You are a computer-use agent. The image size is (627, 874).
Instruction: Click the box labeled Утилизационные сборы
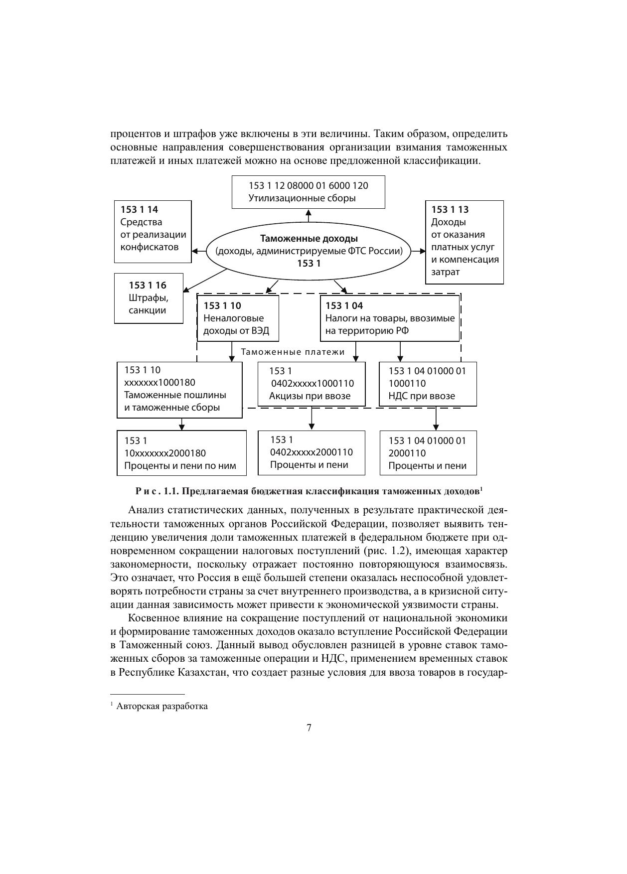pyautogui.click(x=308, y=192)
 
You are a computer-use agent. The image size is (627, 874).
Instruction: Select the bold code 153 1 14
pyautogui.click(x=139, y=210)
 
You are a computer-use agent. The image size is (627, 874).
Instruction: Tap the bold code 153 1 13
pyautogui.click(x=450, y=210)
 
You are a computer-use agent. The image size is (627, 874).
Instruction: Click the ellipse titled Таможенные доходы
pyautogui.click(x=309, y=251)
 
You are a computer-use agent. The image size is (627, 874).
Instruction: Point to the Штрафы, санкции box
pyautogui.click(x=149, y=298)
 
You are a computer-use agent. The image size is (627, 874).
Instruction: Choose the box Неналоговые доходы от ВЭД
pyautogui.click(x=238, y=318)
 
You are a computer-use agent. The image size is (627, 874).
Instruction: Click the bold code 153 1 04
pyautogui.click(x=344, y=306)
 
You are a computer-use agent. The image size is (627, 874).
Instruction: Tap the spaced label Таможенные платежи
pyautogui.click(x=293, y=352)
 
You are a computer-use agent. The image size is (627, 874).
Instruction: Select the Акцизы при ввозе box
pyautogui.click(x=311, y=384)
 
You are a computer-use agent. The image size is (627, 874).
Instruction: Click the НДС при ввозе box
pyautogui.click(x=428, y=384)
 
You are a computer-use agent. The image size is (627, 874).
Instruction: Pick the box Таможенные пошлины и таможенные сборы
pyautogui.click(x=179, y=389)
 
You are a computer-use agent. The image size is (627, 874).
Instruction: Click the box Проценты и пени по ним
pyautogui.click(x=181, y=453)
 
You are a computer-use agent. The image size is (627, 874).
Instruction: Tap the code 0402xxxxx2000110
pyautogui.click(x=311, y=452)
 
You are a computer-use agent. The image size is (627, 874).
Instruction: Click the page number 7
pyautogui.click(x=309, y=728)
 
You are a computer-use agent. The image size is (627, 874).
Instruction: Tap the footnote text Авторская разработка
pyautogui.click(x=162, y=706)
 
